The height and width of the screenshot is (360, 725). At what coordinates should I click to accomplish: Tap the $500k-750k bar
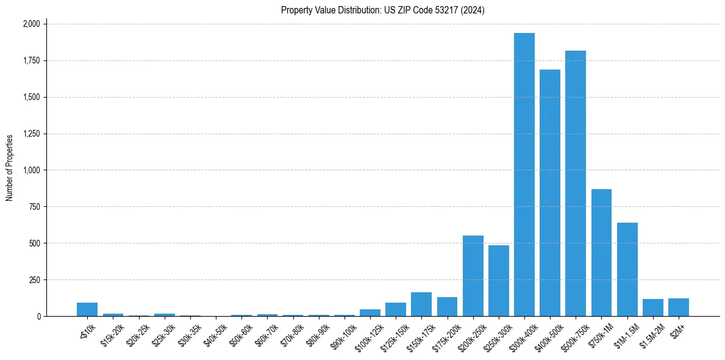(576, 183)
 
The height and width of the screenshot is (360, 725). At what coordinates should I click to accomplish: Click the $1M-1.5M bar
(627, 269)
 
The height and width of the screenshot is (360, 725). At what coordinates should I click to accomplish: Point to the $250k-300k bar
(499, 281)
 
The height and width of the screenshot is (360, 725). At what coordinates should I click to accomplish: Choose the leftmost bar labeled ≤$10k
(87, 309)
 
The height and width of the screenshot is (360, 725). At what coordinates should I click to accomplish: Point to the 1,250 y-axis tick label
(31, 134)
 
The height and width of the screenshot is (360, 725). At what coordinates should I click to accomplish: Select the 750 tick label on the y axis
(35, 207)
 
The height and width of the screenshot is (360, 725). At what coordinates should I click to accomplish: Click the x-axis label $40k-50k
(216, 334)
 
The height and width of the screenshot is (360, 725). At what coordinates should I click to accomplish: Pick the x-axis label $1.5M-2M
(652, 334)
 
